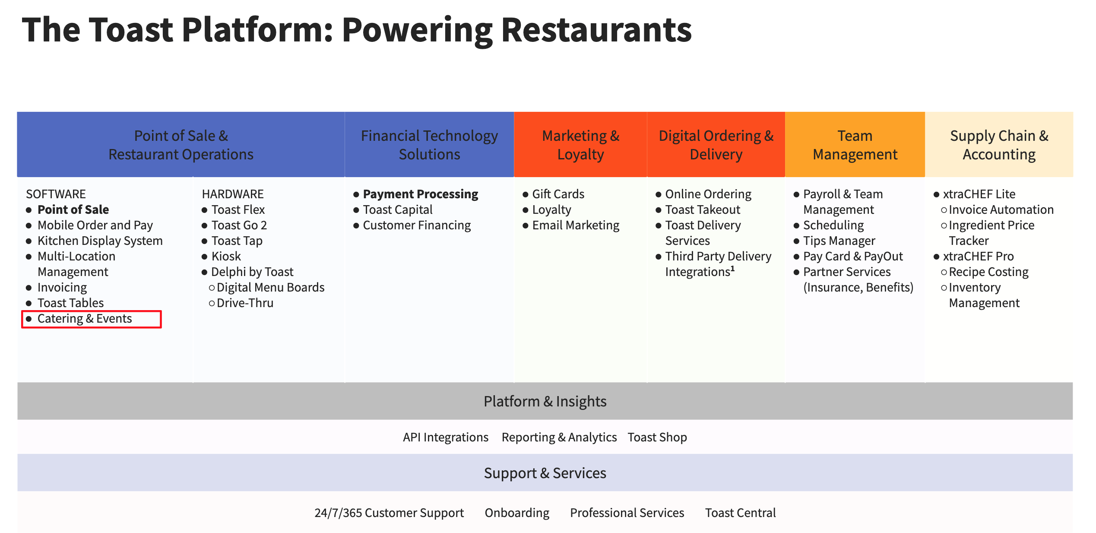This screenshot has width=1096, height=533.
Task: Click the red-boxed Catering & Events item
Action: (85, 319)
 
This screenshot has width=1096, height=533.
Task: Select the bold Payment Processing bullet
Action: (420, 194)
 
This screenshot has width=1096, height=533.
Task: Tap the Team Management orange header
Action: (855, 145)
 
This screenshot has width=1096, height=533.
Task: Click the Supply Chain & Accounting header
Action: (999, 145)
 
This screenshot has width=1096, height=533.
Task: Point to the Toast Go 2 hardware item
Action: (239, 225)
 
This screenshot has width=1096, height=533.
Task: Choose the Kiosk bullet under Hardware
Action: (226, 257)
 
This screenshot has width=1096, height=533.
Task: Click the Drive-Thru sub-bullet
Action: (245, 303)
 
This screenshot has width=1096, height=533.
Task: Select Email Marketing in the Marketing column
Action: (575, 225)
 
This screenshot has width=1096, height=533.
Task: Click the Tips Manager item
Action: (839, 241)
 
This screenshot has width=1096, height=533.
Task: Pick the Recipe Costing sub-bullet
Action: (988, 272)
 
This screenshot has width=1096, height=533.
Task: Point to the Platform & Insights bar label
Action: (545, 401)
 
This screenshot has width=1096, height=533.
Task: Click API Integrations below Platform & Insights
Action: (446, 438)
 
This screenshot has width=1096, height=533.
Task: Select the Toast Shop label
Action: (657, 438)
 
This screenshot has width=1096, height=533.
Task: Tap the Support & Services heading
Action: (545, 473)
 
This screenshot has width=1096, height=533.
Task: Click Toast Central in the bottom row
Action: (740, 513)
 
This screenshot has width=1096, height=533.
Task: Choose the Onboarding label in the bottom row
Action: (517, 513)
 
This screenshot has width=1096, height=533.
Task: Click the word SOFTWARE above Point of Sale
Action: (56, 194)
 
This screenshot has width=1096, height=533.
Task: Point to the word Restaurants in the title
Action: (596, 30)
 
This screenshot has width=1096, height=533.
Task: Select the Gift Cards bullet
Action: (558, 194)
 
